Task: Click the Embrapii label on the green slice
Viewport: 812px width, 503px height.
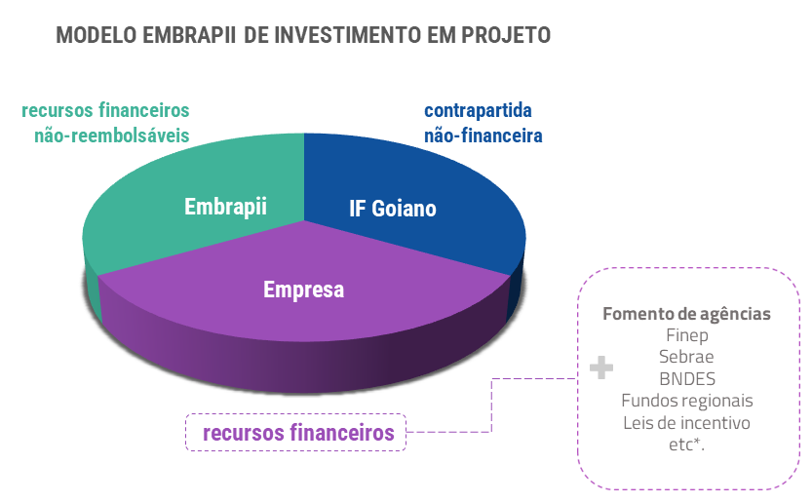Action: [x=225, y=207]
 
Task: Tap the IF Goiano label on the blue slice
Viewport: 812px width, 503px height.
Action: [x=393, y=209]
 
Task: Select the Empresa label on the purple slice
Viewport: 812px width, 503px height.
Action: [x=303, y=290]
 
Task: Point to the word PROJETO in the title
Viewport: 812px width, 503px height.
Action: [x=505, y=35]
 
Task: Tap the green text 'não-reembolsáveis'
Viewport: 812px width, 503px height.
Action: [x=112, y=135]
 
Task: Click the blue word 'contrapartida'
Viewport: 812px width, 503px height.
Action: [x=478, y=110]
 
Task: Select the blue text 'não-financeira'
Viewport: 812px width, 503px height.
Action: [x=483, y=135]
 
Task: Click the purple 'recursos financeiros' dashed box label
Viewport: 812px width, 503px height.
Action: [x=298, y=433]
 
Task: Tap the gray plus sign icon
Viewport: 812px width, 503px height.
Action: [x=601, y=368]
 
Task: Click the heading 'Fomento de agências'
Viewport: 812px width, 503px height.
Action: [x=686, y=314]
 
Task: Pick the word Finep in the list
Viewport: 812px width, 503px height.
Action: [x=686, y=335]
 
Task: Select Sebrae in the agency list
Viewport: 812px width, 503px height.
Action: [x=686, y=357]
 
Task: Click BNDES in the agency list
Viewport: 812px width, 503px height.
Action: [x=687, y=379]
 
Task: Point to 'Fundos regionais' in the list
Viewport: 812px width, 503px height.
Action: [x=687, y=401]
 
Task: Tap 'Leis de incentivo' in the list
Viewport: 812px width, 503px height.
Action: [x=686, y=423]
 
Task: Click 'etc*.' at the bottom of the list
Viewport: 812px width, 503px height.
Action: [x=686, y=445]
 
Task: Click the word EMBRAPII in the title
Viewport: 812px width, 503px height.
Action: [x=188, y=35]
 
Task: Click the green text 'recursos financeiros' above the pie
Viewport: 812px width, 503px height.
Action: [x=105, y=110]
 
